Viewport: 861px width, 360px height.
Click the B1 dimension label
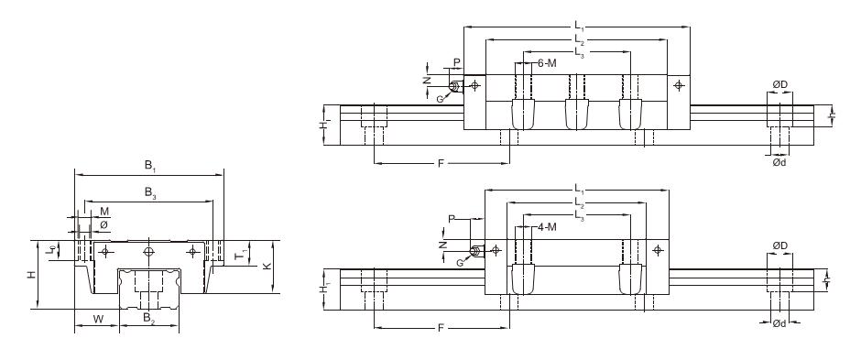[x=150, y=165]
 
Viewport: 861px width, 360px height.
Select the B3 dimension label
[x=150, y=192]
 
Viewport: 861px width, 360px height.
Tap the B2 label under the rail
[x=148, y=317]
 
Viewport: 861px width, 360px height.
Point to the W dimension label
[x=98, y=318]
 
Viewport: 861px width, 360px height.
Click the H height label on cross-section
[x=32, y=275]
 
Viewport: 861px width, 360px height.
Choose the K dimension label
[x=267, y=267]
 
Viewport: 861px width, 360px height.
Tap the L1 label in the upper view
[x=578, y=26]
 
